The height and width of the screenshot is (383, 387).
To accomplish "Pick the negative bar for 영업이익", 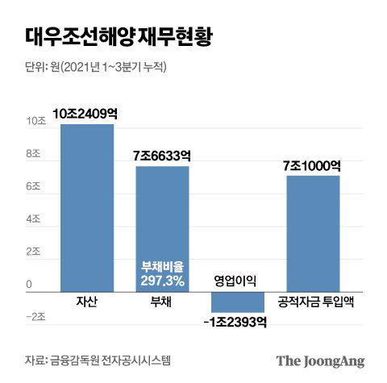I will [x=237, y=302].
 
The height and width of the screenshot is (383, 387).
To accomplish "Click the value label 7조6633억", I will [x=162, y=155].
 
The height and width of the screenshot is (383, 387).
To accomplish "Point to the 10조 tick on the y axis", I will [x=35, y=122].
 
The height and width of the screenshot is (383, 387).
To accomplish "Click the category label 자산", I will [x=86, y=302].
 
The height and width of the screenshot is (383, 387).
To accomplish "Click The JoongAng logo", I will [x=321, y=360].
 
